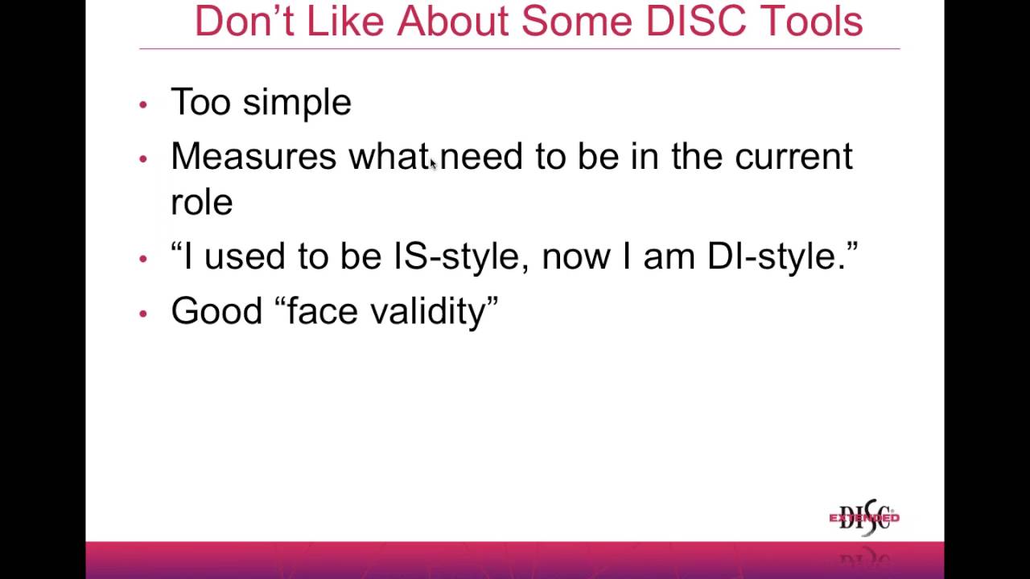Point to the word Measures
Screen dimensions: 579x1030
[253, 156]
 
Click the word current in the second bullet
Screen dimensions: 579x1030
[793, 156]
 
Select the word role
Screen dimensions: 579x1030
[201, 202]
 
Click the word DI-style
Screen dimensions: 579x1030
[777, 257]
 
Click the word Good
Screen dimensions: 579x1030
[216, 310]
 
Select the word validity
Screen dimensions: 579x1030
[427, 310]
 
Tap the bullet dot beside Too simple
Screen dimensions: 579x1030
[143, 104]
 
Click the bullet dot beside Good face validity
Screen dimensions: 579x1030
[143, 313]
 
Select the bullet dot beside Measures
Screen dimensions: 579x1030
[143, 158]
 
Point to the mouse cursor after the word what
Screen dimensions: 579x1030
[433, 164]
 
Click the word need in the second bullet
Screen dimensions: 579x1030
[481, 156]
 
